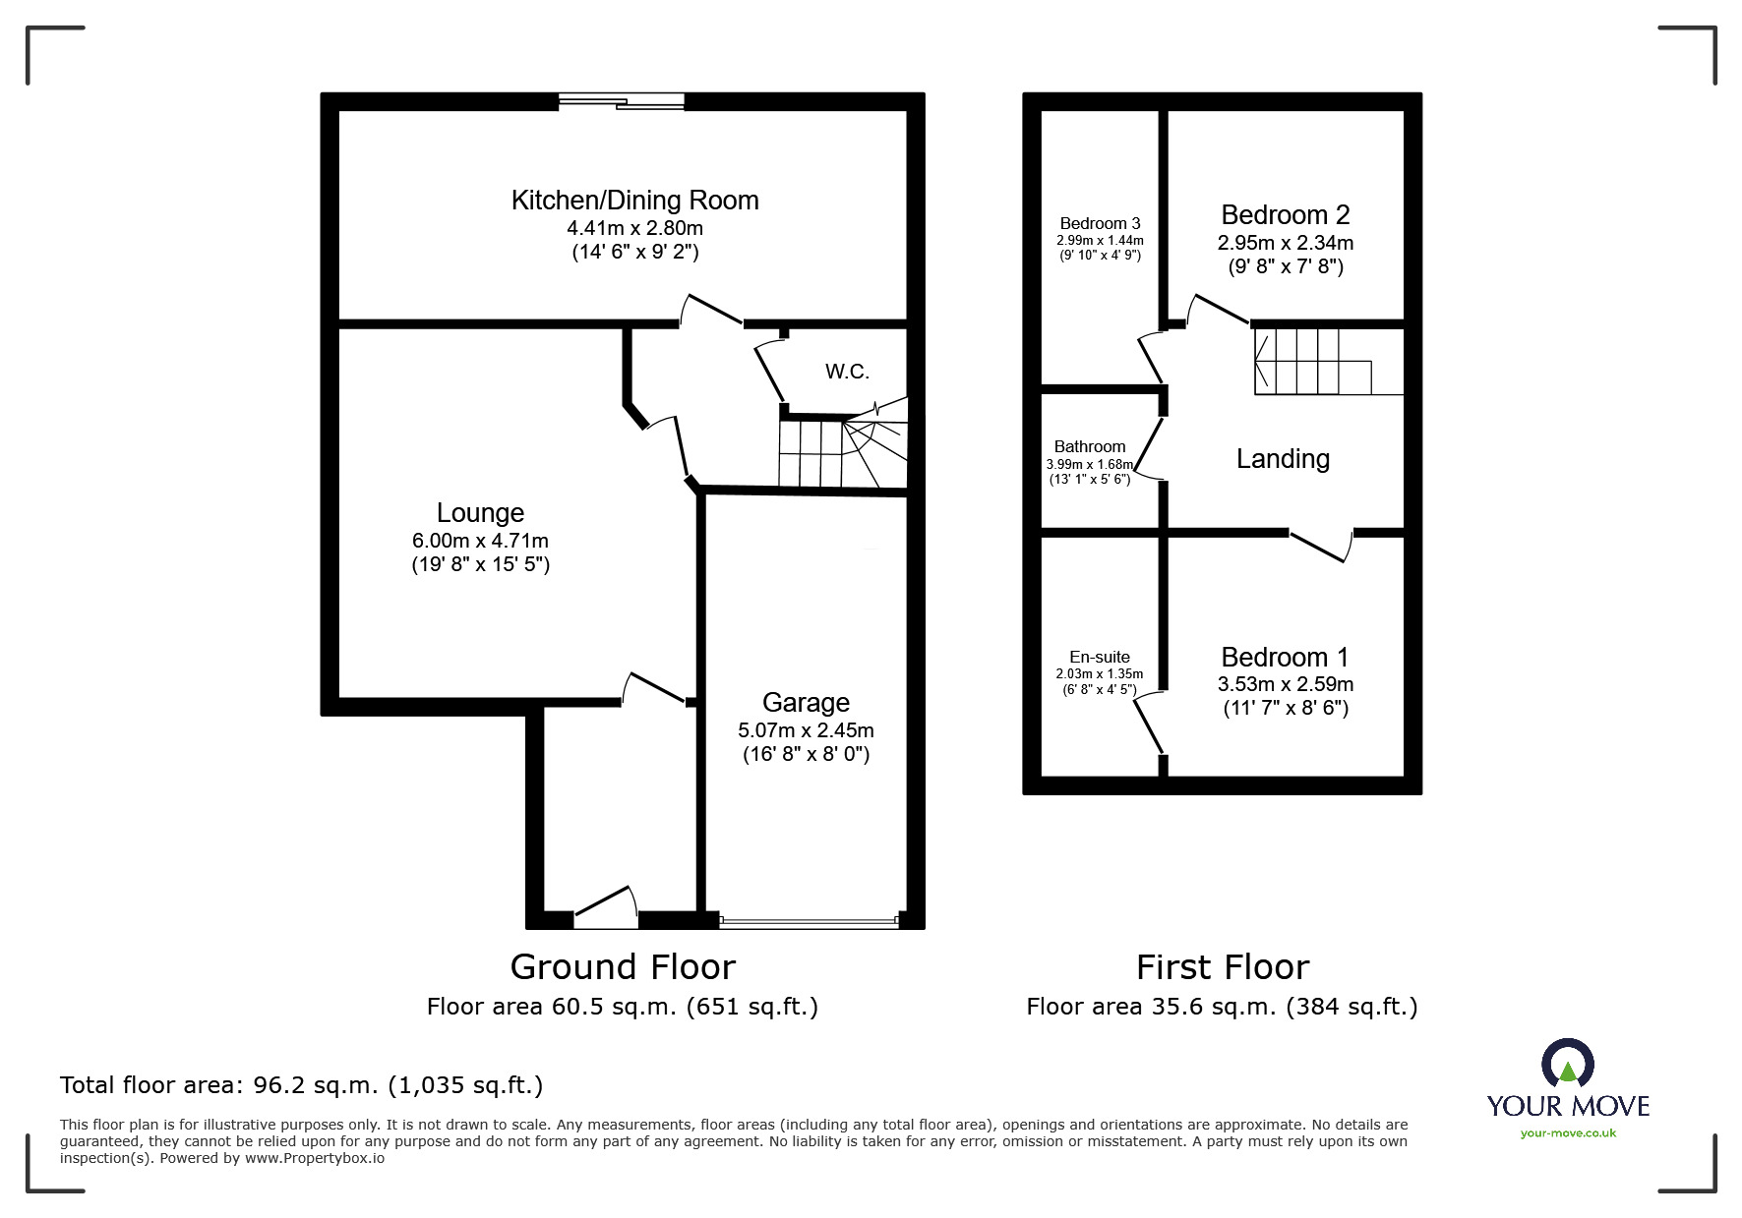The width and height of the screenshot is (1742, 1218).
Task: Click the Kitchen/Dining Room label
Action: (634, 201)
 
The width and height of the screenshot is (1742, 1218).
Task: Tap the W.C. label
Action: (847, 372)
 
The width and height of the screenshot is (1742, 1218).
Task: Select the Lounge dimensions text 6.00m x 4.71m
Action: (480, 541)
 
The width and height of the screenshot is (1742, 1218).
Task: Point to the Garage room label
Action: (806, 702)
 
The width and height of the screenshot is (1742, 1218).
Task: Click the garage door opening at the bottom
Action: (809, 921)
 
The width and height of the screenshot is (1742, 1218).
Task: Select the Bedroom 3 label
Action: (1100, 223)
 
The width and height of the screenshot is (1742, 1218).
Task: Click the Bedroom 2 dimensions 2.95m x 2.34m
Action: (1285, 242)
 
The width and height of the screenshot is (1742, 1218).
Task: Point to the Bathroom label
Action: (1090, 446)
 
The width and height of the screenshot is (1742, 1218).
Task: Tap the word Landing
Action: (1283, 459)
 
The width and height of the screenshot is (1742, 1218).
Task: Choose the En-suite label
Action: (1100, 657)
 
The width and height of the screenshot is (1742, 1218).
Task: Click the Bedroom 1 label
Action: (1285, 657)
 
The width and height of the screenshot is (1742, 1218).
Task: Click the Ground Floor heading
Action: (623, 967)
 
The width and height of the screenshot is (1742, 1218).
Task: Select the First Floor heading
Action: (1223, 967)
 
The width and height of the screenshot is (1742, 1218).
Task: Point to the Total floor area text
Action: (301, 1085)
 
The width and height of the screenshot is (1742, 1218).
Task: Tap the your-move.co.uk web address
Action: (1568, 1132)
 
